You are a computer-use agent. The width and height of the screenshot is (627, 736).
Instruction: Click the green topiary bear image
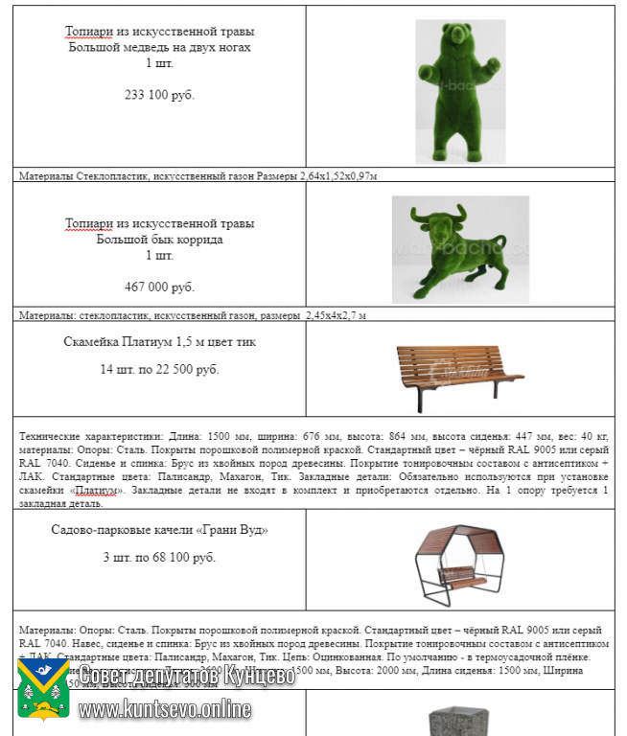coord(460,91)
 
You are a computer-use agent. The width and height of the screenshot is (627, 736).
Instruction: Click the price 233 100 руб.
coord(159,95)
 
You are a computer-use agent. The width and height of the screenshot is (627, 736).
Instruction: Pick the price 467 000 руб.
coord(159,287)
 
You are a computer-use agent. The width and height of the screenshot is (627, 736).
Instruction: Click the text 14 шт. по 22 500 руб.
coord(159,369)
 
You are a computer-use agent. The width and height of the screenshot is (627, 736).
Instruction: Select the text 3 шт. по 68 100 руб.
coord(159,557)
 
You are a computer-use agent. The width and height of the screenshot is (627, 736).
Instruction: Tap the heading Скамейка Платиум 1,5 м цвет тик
coord(159,341)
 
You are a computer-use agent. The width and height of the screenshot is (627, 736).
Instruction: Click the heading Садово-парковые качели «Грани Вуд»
coord(159,529)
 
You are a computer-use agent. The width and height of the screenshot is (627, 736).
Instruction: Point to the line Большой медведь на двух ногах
coord(159,47)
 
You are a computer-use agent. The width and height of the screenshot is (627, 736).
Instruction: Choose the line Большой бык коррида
coord(159,240)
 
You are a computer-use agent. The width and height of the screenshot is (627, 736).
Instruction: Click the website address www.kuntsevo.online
coord(165,709)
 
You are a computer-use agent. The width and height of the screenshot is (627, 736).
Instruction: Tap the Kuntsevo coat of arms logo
coord(44,690)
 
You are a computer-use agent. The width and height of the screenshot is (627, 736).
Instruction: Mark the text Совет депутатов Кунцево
coord(187,675)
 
